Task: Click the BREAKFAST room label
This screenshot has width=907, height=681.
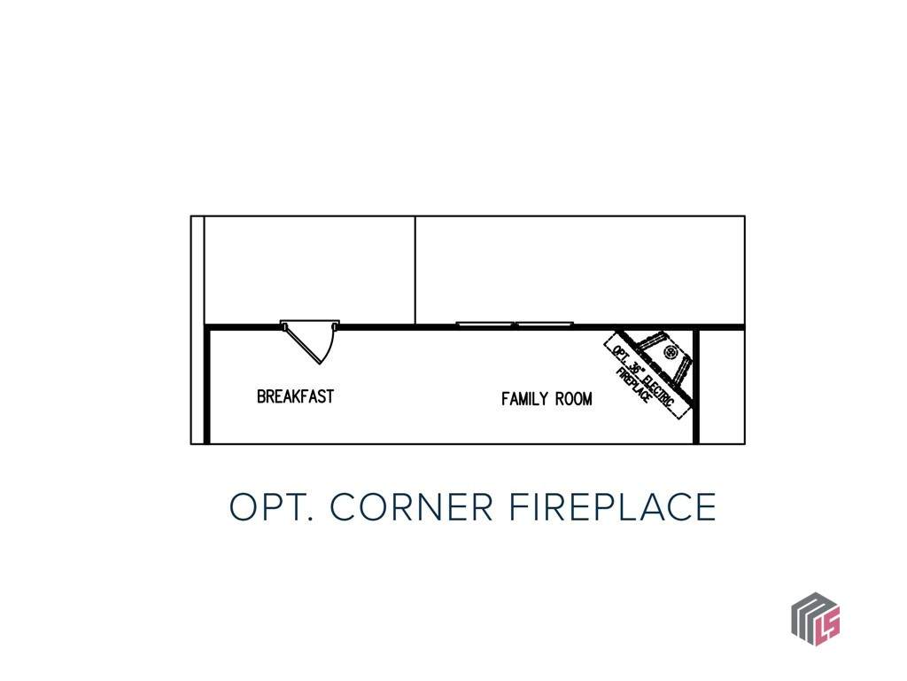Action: click(x=296, y=396)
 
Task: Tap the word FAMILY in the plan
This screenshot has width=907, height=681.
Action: click(x=524, y=399)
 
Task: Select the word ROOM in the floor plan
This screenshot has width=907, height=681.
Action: click(x=574, y=399)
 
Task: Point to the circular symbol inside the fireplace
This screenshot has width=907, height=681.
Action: click(x=671, y=351)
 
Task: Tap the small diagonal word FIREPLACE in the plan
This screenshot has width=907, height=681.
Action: click(x=634, y=385)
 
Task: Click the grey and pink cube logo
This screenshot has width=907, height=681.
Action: click(x=816, y=618)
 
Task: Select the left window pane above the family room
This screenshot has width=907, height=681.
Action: click(x=485, y=324)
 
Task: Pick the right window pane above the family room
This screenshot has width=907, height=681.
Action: click(x=545, y=324)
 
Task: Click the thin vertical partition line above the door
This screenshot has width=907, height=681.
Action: click(x=415, y=270)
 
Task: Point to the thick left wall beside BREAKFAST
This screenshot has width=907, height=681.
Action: click(x=206, y=386)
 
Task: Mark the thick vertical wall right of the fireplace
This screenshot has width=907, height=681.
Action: click(x=696, y=386)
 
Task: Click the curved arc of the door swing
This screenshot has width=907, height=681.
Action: click(x=329, y=348)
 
